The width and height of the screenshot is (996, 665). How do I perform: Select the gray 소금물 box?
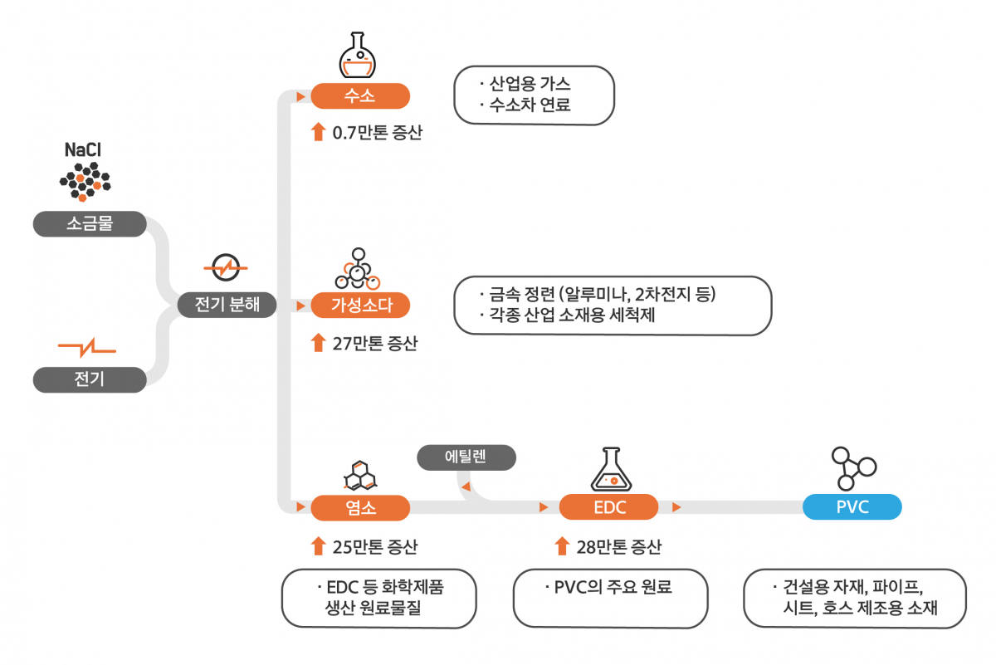coord(90,224)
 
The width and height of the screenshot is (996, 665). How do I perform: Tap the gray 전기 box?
coord(90,380)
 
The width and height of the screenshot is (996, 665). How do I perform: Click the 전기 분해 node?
coord(227,305)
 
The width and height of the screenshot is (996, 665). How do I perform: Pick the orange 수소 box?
coord(359,95)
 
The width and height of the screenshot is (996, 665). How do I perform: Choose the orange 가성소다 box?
coord(360,306)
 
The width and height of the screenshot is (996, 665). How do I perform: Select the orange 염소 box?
coord(359,506)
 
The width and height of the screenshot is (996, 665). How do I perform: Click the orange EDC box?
coord(609,506)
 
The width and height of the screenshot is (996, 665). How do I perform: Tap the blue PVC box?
coord(852,506)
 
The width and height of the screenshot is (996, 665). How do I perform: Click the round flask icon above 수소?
coord(359,56)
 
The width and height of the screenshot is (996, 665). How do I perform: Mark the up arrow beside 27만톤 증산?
coord(318,342)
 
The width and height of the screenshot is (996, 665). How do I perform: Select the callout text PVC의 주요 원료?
coord(612,588)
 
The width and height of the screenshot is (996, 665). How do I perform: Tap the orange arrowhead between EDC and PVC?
coord(676,506)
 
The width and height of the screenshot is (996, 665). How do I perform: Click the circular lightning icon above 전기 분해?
coord(225,268)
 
